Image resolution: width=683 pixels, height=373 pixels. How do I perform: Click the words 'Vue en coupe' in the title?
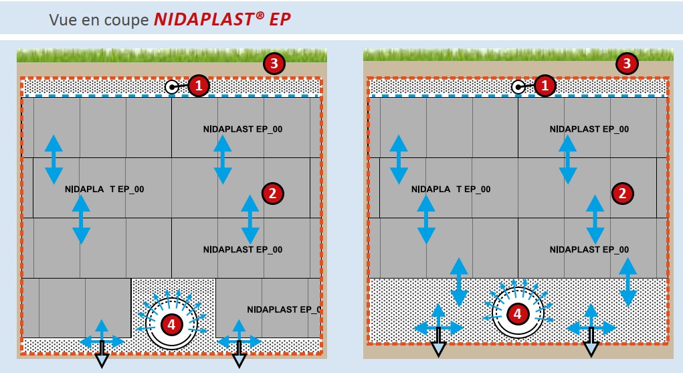pos(99,20)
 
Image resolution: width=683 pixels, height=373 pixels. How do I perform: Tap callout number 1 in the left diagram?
pos(199,86)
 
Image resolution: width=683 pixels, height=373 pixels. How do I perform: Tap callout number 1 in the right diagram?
pos(545,86)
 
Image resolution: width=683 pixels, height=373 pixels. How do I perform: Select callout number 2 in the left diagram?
pos(272,194)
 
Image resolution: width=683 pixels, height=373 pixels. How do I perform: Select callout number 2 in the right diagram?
pos(623,194)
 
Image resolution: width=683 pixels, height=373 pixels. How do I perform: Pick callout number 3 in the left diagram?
pos(274,64)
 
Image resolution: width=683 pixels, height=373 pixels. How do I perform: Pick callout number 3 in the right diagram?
pos(626,64)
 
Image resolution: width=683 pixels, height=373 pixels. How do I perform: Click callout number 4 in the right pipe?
pos(517,313)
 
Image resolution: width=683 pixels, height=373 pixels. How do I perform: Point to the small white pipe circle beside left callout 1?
pos(172,86)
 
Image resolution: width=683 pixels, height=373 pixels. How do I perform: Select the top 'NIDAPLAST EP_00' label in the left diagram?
pos(243,129)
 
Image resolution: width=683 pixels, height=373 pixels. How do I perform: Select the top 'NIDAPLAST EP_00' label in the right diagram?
pos(589,129)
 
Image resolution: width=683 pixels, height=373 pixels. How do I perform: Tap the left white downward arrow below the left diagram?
pos(102,361)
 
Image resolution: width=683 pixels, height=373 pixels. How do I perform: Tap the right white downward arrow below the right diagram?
pos(591,349)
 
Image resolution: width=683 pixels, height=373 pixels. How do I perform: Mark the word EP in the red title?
pos(280,19)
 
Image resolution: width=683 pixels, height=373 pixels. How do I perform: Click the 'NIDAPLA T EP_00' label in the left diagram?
pos(105,190)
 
